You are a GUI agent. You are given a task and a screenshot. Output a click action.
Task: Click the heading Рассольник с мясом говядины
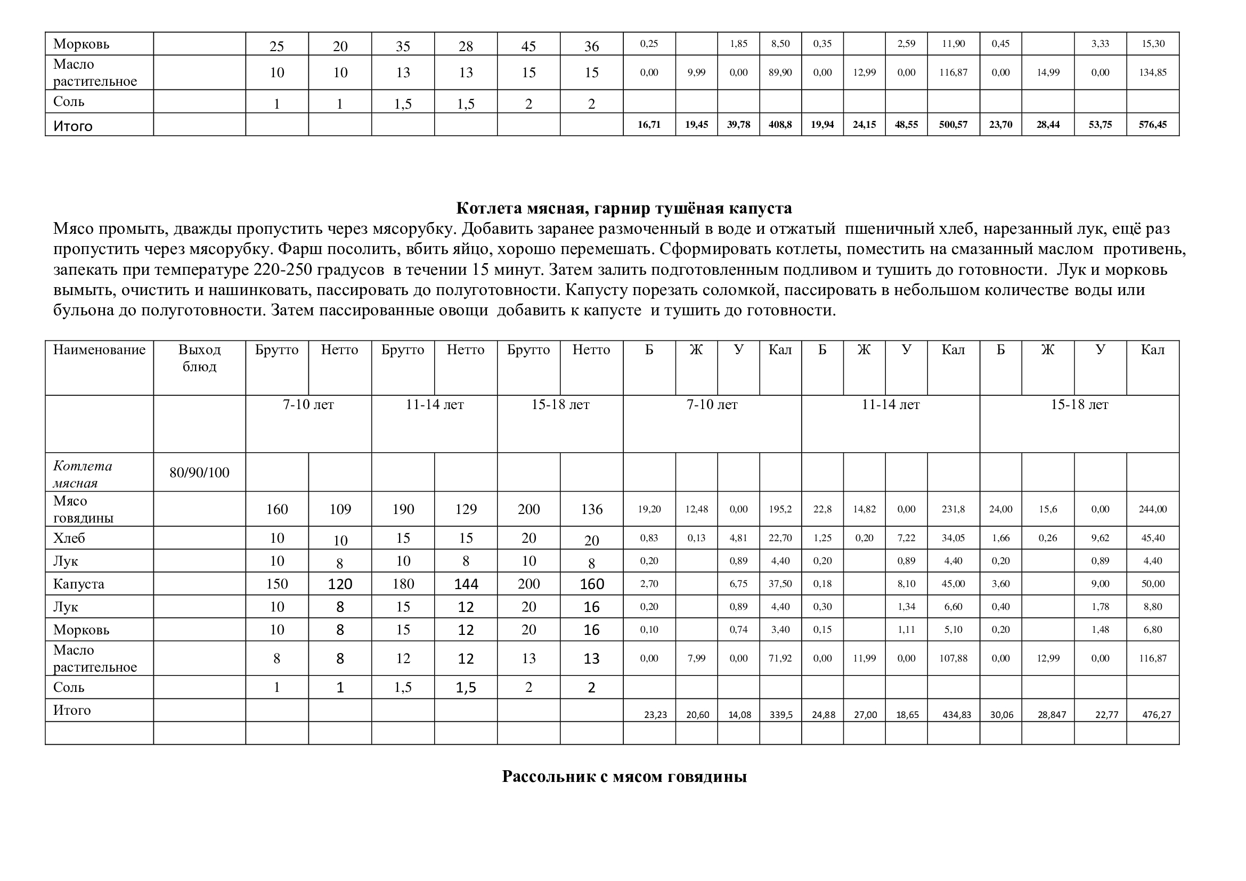pyautogui.click(x=624, y=777)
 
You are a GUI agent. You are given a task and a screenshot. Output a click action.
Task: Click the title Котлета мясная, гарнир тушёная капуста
pyautogui.click(x=624, y=208)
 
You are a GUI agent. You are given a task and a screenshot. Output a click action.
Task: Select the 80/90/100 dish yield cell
pyautogui.click(x=199, y=472)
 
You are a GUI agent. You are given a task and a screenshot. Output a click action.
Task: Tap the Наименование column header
pyautogui.click(x=99, y=350)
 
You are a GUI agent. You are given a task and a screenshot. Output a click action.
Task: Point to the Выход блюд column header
pyautogui.click(x=199, y=358)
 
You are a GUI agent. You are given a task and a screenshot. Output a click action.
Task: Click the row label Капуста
pyautogui.click(x=79, y=584)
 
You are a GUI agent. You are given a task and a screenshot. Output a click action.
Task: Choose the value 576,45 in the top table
pyautogui.click(x=1153, y=125)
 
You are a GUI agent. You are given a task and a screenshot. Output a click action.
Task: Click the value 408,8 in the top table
pyautogui.click(x=780, y=125)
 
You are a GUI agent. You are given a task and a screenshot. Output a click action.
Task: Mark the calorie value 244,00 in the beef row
pyautogui.click(x=1153, y=509)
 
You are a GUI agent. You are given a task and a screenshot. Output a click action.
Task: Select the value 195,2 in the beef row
pyautogui.click(x=780, y=509)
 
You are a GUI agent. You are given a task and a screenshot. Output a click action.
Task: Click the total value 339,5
pyautogui.click(x=781, y=715)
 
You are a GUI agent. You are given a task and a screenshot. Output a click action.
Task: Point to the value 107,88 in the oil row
pyautogui.click(x=953, y=658)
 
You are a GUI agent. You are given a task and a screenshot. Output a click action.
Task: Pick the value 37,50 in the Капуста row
pyautogui.click(x=780, y=584)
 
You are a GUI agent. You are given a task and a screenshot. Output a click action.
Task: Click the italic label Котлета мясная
pyautogui.click(x=83, y=474)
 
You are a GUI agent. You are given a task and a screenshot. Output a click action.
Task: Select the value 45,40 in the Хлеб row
pyautogui.click(x=1153, y=538)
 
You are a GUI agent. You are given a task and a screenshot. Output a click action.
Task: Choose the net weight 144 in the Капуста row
pyautogui.click(x=466, y=584)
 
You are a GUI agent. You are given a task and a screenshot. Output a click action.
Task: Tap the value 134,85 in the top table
pyautogui.click(x=1153, y=72)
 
